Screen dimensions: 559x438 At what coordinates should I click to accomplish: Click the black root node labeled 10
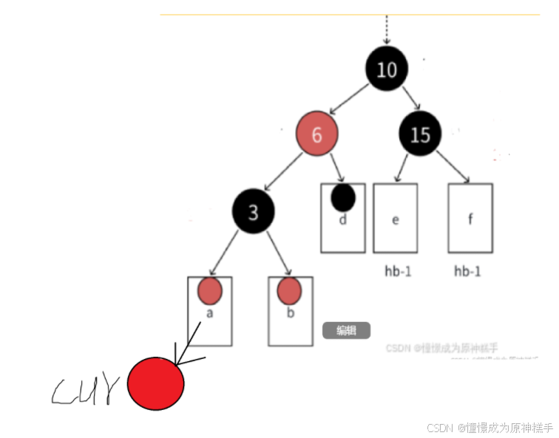click(x=387, y=70)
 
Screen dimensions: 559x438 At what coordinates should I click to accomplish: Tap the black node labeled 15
click(x=420, y=134)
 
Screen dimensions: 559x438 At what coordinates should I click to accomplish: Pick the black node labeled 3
click(x=253, y=213)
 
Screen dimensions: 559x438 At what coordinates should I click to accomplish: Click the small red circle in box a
click(x=210, y=291)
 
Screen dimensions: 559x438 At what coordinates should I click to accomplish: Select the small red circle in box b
click(x=289, y=291)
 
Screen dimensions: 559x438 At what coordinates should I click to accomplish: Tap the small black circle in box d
click(x=343, y=197)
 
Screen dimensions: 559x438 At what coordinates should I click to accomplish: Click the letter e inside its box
click(x=395, y=219)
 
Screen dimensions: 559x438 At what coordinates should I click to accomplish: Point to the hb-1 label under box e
click(x=398, y=271)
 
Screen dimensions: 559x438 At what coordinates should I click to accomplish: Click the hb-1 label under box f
click(x=467, y=271)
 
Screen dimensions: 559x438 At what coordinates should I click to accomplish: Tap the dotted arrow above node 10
click(x=385, y=31)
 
